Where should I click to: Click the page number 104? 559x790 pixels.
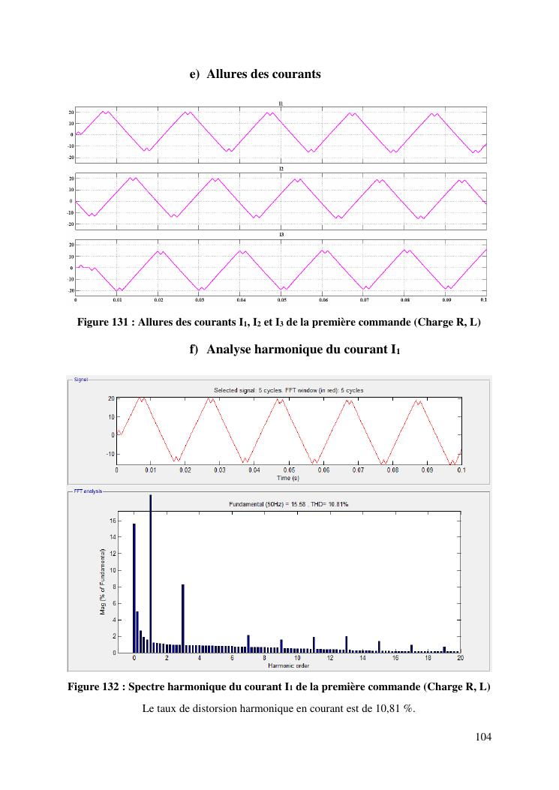[483, 737]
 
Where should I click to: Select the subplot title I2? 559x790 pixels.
[281, 169]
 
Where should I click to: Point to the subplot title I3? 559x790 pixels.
[281, 235]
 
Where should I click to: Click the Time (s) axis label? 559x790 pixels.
[288, 477]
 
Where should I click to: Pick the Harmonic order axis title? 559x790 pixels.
[289, 665]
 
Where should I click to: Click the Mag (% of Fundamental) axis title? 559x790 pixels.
[103, 581]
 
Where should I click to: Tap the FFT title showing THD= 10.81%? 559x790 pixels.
[289, 504]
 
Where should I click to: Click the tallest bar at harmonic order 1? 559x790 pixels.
[150, 574]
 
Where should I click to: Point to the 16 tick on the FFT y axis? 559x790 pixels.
[113, 521]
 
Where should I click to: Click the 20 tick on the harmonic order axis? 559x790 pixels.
[460, 658]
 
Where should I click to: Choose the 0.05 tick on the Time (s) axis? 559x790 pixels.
[288, 470]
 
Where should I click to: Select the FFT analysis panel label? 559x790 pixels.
[86, 492]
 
